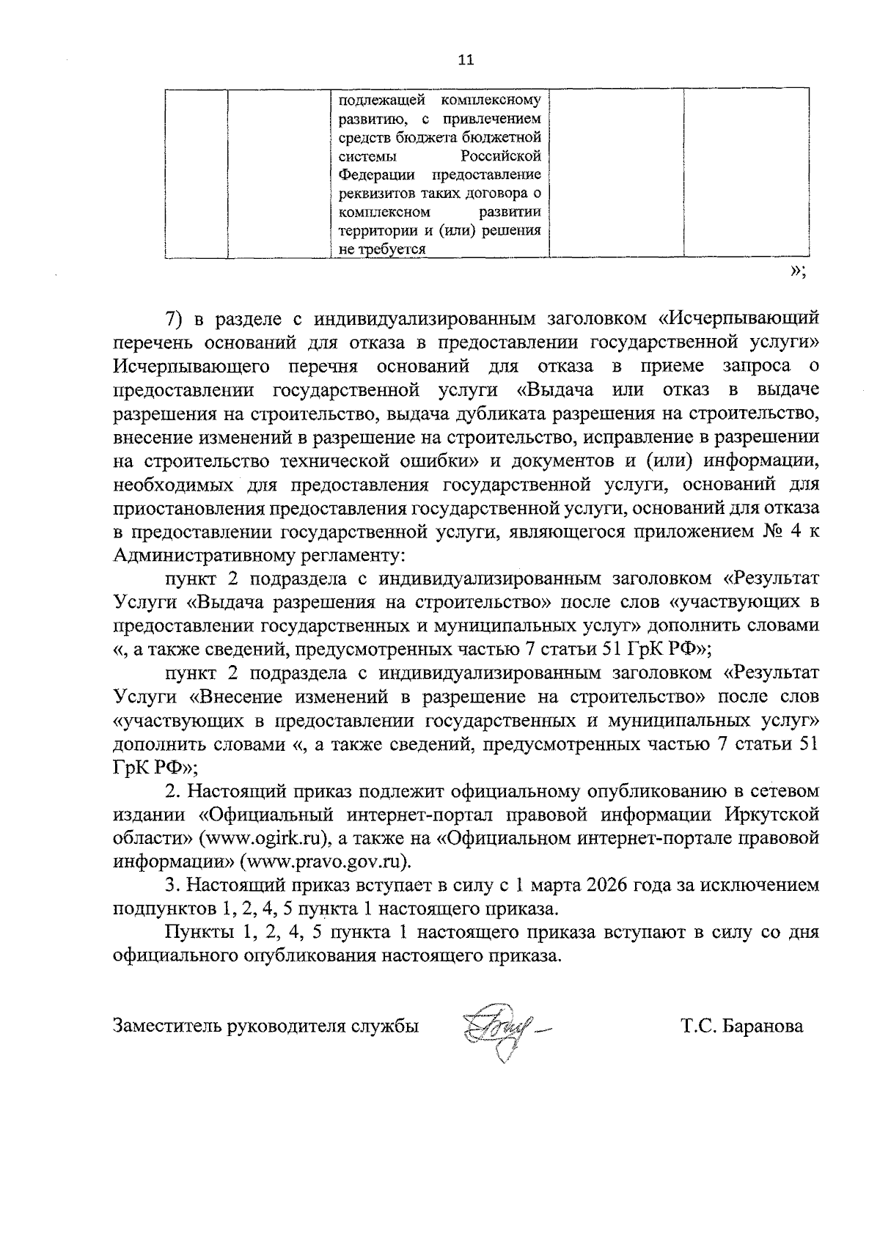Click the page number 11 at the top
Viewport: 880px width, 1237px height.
tap(466, 60)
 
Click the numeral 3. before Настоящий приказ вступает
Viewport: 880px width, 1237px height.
tap(172, 885)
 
